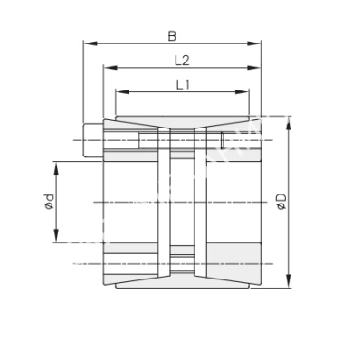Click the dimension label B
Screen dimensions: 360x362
click(172, 34)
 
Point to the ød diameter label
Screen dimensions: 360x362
click(49, 203)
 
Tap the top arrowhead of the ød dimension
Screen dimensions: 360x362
click(56, 166)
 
